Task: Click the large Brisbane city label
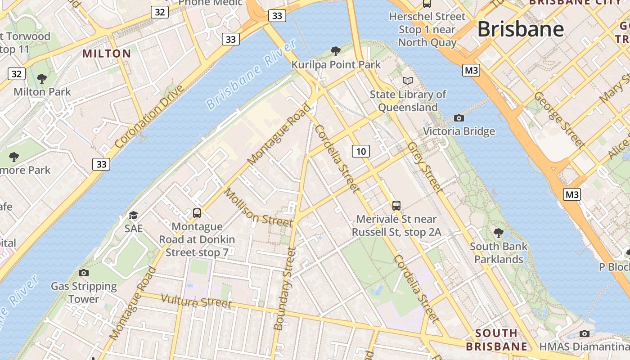click(x=520, y=29)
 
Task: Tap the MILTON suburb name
click(x=107, y=54)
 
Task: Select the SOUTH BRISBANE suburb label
click(x=496, y=340)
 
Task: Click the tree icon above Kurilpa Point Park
click(x=335, y=51)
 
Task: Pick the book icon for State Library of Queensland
click(x=408, y=81)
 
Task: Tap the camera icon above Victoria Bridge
click(x=459, y=118)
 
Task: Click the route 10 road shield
click(x=361, y=151)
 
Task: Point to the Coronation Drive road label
click(x=149, y=117)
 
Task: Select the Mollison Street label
click(x=258, y=207)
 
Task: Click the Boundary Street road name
click(x=285, y=288)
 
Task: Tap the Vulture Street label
click(x=196, y=301)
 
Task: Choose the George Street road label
click(x=559, y=120)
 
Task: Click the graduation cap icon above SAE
click(x=133, y=215)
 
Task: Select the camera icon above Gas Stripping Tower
click(x=83, y=273)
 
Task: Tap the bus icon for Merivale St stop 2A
click(x=396, y=206)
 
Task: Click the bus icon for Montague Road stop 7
click(x=197, y=213)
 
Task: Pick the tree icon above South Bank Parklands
click(x=498, y=233)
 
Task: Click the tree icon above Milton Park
click(x=42, y=79)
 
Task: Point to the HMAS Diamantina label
click(x=584, y=346)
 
